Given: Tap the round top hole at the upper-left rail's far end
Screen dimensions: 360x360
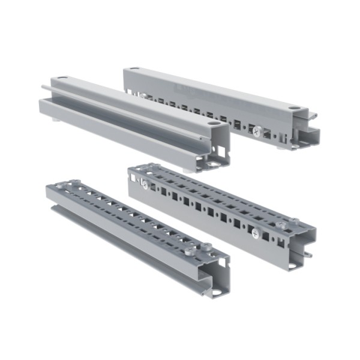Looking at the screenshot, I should click(62, 79).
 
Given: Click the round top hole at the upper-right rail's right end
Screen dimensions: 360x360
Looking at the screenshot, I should click(293, 108).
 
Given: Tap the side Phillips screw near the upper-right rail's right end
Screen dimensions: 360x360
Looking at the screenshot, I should click(257, 130).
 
